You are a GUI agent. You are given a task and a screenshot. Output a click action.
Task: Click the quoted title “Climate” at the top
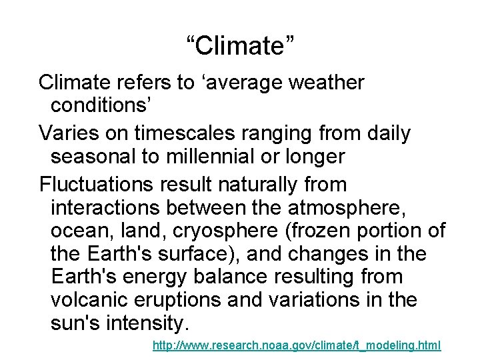coord(239,46)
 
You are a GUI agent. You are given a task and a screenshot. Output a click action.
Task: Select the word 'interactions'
coord(105,207)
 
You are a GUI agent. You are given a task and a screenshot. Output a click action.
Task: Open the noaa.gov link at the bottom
coord(297,346)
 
